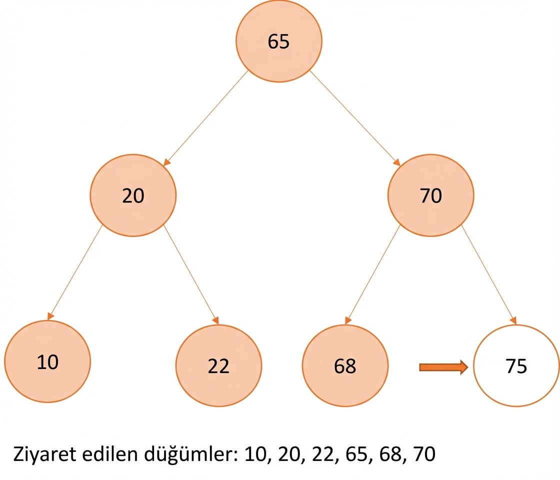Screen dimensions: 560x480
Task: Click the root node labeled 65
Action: pyautogui.click(x=278, y=41)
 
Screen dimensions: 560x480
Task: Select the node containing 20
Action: pyautogui.click(x=133, y=195)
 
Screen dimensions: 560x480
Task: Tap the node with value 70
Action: pyautogui.click(x=430, y=195)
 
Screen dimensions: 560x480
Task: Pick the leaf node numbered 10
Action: pyautogui.click(x=47, y=361)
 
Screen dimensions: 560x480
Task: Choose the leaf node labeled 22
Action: pyautogui.click(x=218, y=365)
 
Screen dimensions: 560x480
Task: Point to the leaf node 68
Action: pyautogui.click(x=345, y=365)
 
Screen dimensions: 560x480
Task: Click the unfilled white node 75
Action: pyautogui.click(x=516, y=365)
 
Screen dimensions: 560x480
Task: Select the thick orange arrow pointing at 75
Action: pyautogui.click(x=443, y=367)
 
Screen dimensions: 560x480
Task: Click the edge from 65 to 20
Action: pyautogui.click(x=205, y=118)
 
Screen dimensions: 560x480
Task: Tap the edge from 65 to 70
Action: pyautogui.click(x=355, y=118)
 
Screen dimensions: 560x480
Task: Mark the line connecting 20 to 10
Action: pyautogui.click(x=74, y=272)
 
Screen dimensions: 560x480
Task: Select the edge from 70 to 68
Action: pyautogui.click(x=372, y=274)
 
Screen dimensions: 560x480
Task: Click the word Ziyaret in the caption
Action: pyautogui.click(x=44, y=454)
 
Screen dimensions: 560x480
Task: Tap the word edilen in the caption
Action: pyautogui.click(x=110, y=454)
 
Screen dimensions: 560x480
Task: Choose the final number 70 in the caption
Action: pyautogui.click(x=424, y=454)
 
